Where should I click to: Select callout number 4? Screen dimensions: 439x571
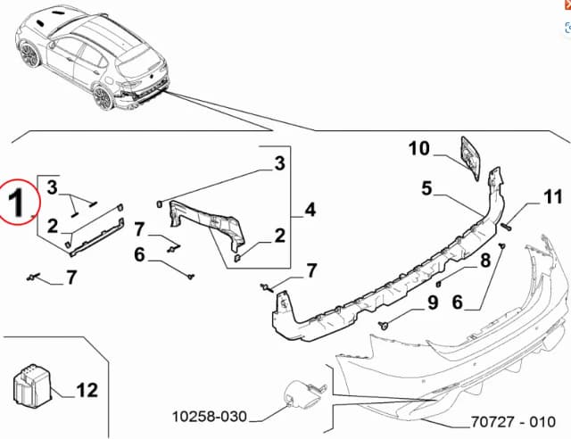pyautogui.click(x=310, y=210)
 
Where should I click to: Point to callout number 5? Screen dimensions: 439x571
pyautogui.click(x=427, y=188)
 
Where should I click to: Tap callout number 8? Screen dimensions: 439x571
pyautogui.click(x=485, y=261)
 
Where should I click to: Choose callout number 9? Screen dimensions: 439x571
pyautogui.click(x=432, y=302)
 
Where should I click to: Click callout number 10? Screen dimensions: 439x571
pyautogui.click(x=419, y=149)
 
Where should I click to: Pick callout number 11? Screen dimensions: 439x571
pyautogui.click(x=553, y=196)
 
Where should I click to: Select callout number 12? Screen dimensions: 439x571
pyautogui.click(x=87, y=389)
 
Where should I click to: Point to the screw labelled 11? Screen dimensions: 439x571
pyautogui.click(x=504, y=227)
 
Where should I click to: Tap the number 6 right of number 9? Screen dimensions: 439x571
pyautogui.click(x=459, y=302)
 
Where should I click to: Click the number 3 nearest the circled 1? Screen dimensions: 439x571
pyautogui.click(x=53, y=186)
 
